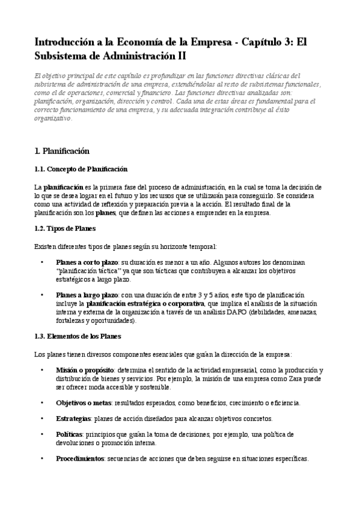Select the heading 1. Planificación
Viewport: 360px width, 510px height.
pos(62,151)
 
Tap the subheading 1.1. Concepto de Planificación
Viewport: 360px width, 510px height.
pos(81,169)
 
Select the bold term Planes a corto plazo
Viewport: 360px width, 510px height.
pos(87,263)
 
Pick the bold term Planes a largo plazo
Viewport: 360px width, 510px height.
pos(87,295)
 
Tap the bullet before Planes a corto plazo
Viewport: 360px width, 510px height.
pos(42,263)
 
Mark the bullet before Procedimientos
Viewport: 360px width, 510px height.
pos(42,458)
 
